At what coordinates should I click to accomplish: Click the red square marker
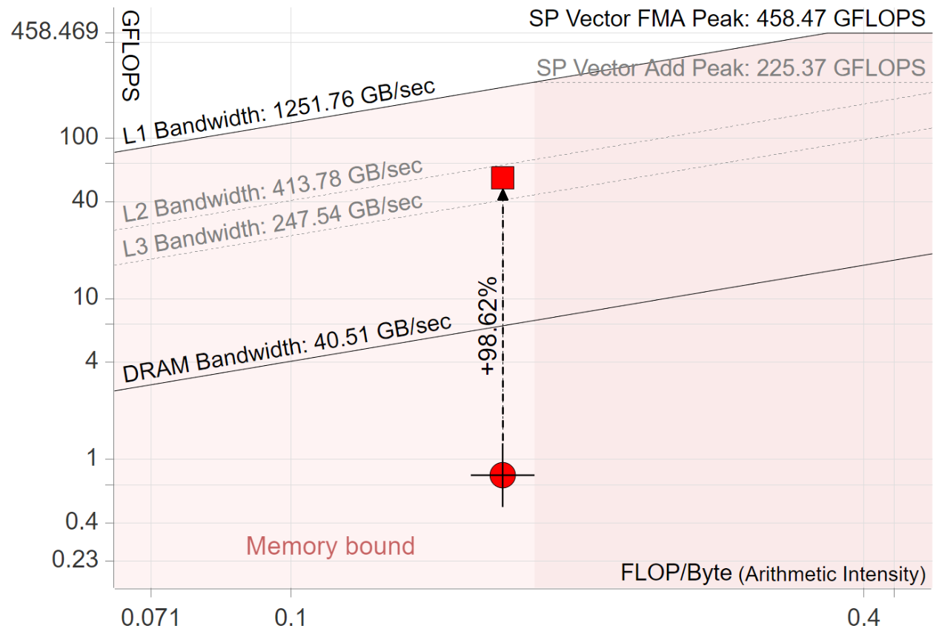tap(502, 178)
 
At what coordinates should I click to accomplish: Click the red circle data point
tap(502, 475)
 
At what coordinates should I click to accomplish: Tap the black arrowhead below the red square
tap(502, 194)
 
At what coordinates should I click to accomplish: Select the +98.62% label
tap(490, 326)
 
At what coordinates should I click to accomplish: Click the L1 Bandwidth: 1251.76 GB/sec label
tap(278, 112)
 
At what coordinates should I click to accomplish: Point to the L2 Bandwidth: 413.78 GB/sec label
tap(273, 190)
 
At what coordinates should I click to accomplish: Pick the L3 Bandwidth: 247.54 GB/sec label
tap(273, 225)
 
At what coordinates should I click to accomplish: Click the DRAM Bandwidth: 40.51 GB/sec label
tap(286, 349)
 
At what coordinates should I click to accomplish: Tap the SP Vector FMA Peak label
tap(726, 19)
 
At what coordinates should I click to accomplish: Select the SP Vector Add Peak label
tap(731, 68)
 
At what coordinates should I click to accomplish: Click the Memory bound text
tap(331, 547)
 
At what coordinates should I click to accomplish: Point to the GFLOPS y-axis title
tap(130, 56)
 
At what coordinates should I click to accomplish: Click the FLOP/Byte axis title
tap(773, 573)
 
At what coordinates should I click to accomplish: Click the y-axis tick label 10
tap(87, 299)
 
